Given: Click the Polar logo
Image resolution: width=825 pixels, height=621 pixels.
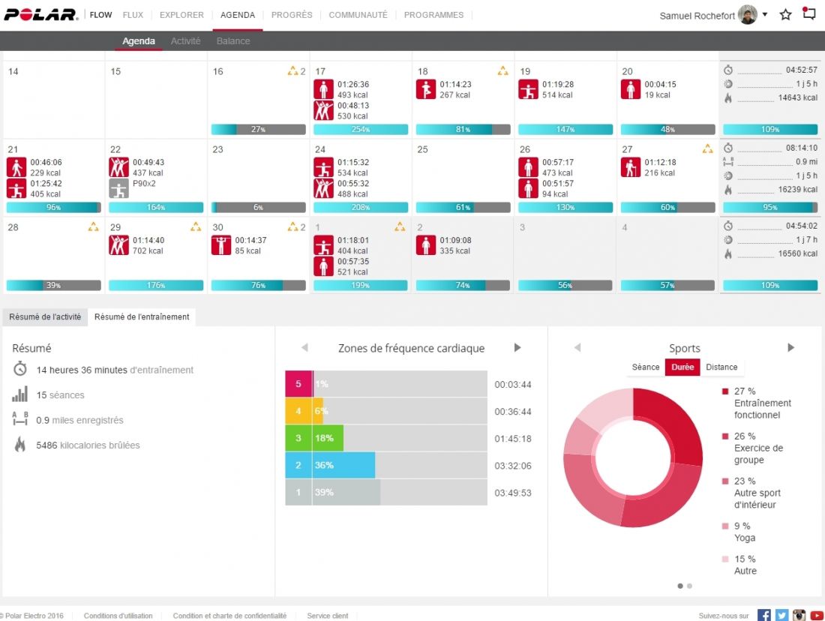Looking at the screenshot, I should tap(41, 14).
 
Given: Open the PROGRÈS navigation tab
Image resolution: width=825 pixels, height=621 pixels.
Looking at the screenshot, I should tap(292, 15).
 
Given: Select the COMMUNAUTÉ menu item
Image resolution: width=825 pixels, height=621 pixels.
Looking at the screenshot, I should tap(358, 15).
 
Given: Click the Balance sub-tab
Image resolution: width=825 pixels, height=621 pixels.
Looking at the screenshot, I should tap(233, 41).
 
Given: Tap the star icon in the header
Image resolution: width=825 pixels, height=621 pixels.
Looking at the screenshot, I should tap(786, 14).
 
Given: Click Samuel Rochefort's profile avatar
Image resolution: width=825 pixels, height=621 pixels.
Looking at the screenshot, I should tap(748, 15).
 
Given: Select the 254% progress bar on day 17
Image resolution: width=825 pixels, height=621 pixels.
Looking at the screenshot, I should tap(361, 129).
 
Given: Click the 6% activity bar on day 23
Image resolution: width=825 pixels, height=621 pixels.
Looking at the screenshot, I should tap(259, 207).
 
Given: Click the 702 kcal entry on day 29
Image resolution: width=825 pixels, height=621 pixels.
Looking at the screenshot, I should tap(148, 251).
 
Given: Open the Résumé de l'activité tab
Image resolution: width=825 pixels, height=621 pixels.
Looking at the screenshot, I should tap(45, 317).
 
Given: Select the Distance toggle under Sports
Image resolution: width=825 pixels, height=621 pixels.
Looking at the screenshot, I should tap(721, 367).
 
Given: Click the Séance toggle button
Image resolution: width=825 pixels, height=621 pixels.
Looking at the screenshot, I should tap(646, 367).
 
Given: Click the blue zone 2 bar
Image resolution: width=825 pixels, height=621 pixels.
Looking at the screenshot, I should tap(330, 465).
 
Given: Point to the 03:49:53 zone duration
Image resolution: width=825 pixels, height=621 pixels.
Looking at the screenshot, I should tap(513, 493).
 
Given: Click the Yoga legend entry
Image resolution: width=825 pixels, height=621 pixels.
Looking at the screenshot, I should tap(745, 538).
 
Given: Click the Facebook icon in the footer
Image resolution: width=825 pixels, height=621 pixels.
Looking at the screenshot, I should tap(764, 615).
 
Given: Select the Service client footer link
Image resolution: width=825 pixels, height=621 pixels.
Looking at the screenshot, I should tap(328, 616).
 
